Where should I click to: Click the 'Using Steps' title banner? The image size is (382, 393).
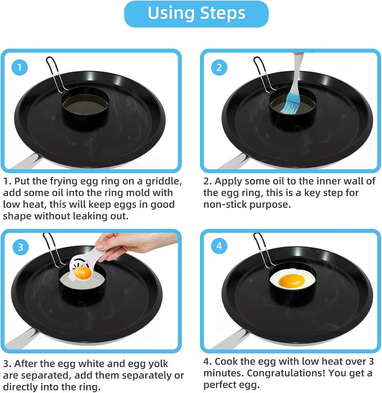[x=196, y=13]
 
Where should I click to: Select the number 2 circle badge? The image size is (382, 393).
[x=219, y=68]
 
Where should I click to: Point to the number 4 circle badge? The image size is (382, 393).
[x=219, y=246]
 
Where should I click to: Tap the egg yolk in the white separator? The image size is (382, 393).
[x=83, y=273]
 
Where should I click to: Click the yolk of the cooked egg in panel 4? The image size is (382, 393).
[x=289, y=281]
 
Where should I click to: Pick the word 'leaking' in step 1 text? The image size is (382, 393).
[x=102, y=216]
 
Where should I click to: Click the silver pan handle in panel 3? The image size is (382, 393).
[x=23, y=340]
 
